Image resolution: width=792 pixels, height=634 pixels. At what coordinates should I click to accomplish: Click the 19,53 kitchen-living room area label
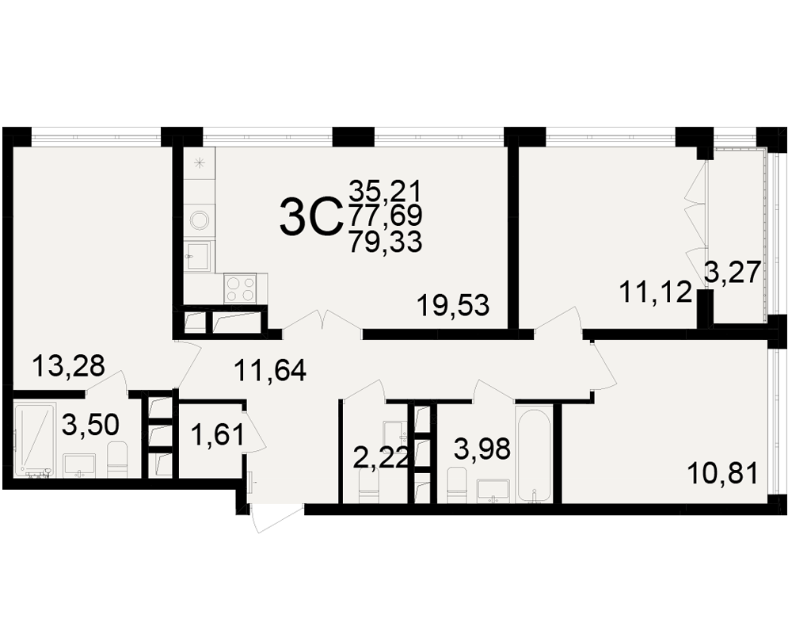click(x=453, y=306)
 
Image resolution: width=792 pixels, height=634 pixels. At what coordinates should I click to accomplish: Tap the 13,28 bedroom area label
click(x=68, y=365)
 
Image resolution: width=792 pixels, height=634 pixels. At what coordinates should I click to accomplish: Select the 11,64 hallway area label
click(x=270, y=370)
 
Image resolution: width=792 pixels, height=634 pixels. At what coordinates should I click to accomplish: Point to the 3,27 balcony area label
click(x=733, y=273)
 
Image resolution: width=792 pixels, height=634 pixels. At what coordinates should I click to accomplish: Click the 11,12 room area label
click(x=655, y=292)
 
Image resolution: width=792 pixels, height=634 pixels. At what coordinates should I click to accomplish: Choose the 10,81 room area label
click(x=723, y=474)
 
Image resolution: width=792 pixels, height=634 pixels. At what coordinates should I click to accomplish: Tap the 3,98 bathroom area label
click(x=482, y=449)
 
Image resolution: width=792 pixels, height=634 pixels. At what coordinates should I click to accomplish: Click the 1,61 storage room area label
click(x=218, y=434)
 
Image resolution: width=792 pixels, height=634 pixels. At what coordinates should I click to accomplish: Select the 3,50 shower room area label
click(x=90, y=425)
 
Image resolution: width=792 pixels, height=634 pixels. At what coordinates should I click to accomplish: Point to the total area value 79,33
click(x=386, y=242)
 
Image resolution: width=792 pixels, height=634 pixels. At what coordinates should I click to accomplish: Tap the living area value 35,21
click(x=386, y=192)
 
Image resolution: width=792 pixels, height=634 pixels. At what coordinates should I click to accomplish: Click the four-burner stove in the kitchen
click(x=241, y=288)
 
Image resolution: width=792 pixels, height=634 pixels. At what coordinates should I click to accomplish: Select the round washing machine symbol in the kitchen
click(x=200, y=220)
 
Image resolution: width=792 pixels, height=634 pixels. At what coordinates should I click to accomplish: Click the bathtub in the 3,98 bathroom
click(x=532, y=456)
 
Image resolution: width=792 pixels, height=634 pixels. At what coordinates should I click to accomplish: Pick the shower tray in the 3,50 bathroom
click(x=34, y=439)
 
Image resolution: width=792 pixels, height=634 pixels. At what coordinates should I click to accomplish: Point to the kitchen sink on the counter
click(x=199, y=256)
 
